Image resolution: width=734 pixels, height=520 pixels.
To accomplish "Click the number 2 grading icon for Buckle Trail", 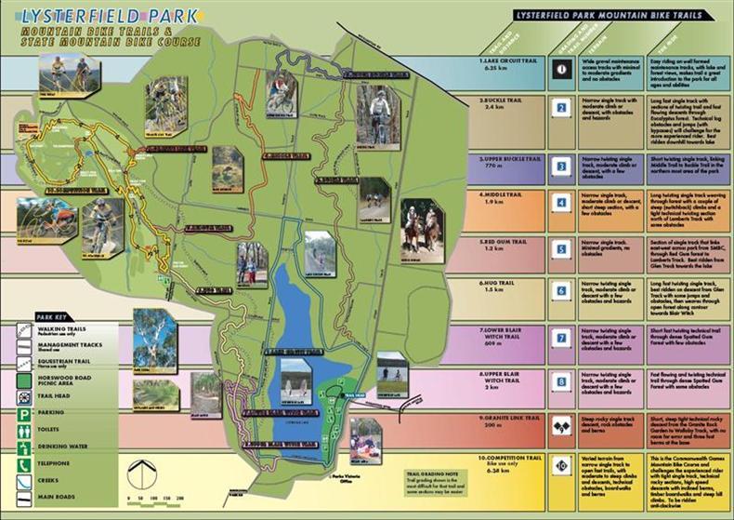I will point(560,106).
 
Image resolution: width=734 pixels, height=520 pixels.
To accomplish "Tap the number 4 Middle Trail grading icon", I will point(560,202).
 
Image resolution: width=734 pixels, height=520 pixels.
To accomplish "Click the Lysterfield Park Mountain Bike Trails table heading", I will point(619,16).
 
